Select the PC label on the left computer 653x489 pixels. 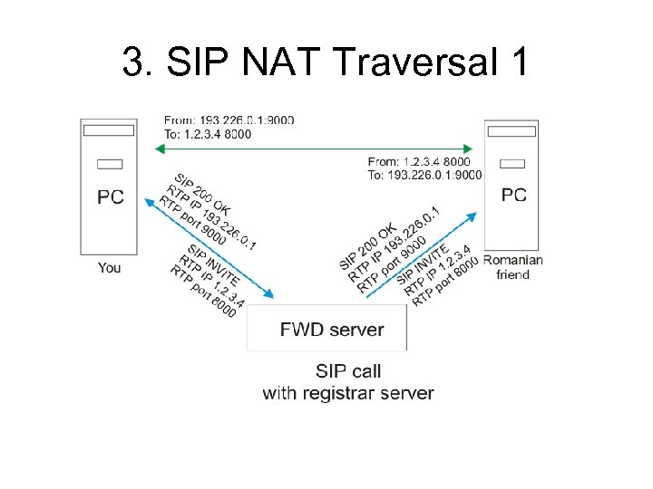coord(111,197)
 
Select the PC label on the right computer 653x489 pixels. coord(513,194)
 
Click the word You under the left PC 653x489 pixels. coord(109,267)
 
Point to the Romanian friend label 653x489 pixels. coord(513,267)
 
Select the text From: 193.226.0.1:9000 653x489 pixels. coord(229,120)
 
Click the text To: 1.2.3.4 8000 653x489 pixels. coord(208,133)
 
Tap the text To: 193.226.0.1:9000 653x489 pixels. coord(425,175)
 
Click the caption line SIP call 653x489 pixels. coord(348,371)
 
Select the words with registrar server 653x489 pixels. coord(348,393)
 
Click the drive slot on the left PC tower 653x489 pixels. coord(109,164)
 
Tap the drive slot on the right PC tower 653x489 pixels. coord(513,163)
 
